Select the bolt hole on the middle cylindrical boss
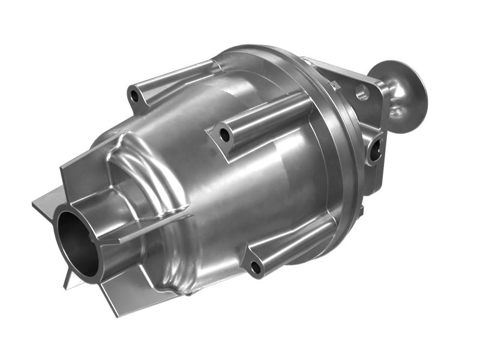click(x=224, y=136)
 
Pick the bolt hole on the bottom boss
click(x=255, y=267)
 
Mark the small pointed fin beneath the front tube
click(x=70, y=279)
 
